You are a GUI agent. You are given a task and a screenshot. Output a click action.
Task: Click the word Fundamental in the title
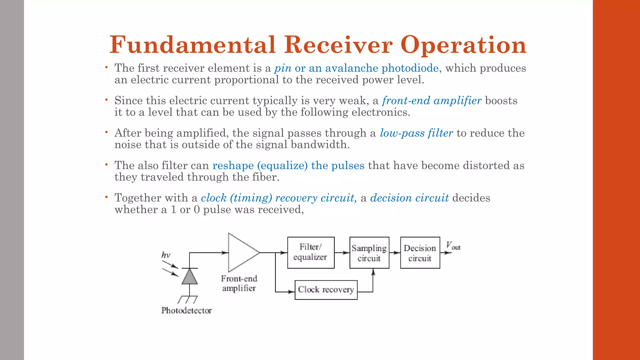pyautogui.click(x=192, y=45)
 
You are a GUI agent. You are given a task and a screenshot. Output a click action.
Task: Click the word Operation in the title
pyautogui.click(x=463, y=45)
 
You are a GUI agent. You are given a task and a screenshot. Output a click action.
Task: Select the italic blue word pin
pyautogui.click(x=283, y=68)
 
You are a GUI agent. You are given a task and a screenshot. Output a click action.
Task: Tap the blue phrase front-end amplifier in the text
pyautogui.click(x=432, y=101)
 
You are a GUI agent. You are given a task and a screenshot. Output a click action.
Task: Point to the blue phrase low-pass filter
pyautogui.click(x=416, y=133)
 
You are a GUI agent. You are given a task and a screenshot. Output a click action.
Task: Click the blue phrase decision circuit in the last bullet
pyautogui.click(x=409, y=198)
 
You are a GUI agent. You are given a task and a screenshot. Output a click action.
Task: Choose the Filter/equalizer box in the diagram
pyautogui.click(x=311, y=252)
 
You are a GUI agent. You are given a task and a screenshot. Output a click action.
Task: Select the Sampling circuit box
pyautogui.click(x=369, y=252)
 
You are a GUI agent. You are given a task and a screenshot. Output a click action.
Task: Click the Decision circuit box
pyautogui.click(x=420, y=252)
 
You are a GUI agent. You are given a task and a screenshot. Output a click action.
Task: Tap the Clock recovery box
pyautogui.click(x=326, y=290)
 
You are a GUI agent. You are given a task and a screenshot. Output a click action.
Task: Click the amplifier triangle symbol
pyautogui.click(x=242, y=252)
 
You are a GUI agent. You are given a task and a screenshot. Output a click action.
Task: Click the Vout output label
pyautogui.click(x=453, y=246)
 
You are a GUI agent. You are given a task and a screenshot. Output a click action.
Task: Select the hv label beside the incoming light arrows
pyautogui.click(x=166, y=255)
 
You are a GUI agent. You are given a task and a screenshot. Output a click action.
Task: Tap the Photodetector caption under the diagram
pyautogui.click(x=187, y=310)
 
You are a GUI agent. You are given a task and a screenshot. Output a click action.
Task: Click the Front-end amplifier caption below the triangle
pyautogui.click(x=239, y=283)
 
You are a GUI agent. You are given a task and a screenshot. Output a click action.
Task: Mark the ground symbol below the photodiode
pyautogui.click(x=188, y=300)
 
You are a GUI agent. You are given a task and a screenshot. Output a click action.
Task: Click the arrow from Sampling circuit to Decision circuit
pyautogui.click(x=395, y=252)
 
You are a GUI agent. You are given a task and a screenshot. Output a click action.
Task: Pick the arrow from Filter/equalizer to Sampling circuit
pyautogui.click(x=342, y=252)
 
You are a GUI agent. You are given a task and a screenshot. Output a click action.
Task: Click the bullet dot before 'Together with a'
pyautogui.click(x=106, y=197)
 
